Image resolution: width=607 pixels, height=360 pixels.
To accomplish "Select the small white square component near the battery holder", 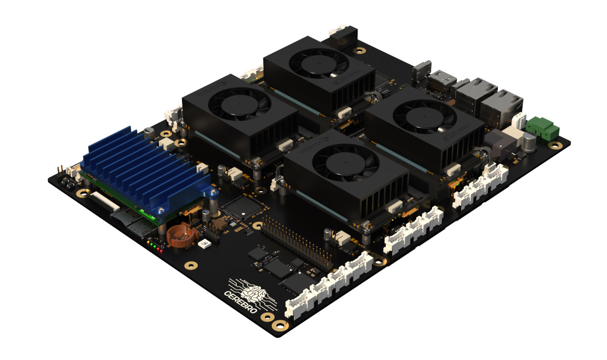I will tap(205, 245).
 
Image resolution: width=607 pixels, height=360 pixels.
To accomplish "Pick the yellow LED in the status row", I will tap(152, 246).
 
